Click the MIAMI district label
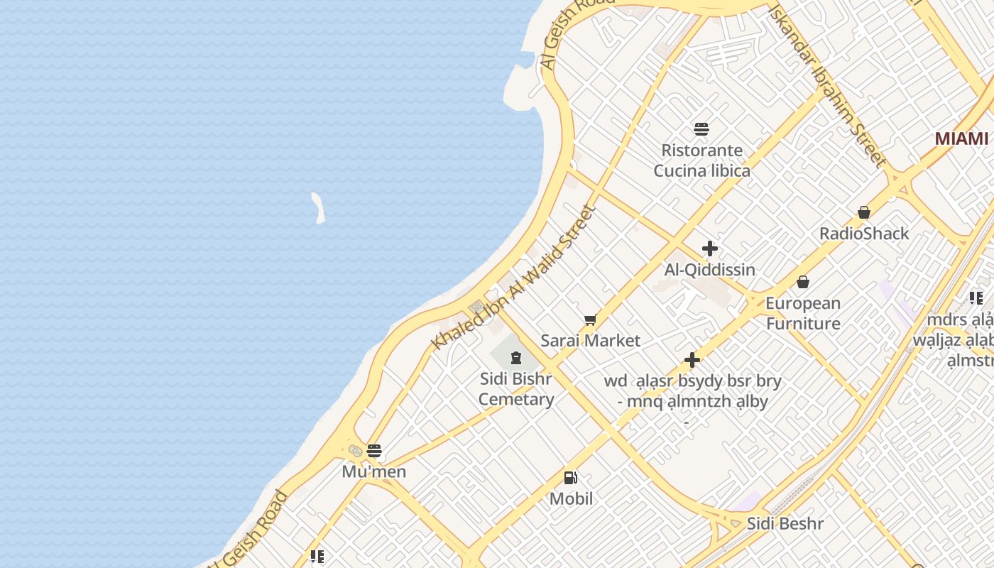[x=961, y=138]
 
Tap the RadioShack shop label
[x=863, y=234]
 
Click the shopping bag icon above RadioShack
[x=863, y=212]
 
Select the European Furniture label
[x=802, y=313]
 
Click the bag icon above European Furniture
[x=802, y=282]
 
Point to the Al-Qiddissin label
[x=709, y=270]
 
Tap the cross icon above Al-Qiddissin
[x=709, y=248]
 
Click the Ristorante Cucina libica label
[x=701, y=160]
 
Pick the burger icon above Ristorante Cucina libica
[x=701, y=129]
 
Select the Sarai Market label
[x=590, y=341]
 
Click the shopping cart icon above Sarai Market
[x=590, y=320]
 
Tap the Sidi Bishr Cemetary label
[x=516, y=389]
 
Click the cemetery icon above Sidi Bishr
[x=516, y=358]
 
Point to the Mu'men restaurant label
[x=373, y=471]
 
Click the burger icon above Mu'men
[x=374, y=450]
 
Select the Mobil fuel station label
[x=571, y=498]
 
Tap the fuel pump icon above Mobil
[x=571, y=478]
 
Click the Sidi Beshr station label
[x=785, y=524]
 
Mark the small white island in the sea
[x=318, y=208]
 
